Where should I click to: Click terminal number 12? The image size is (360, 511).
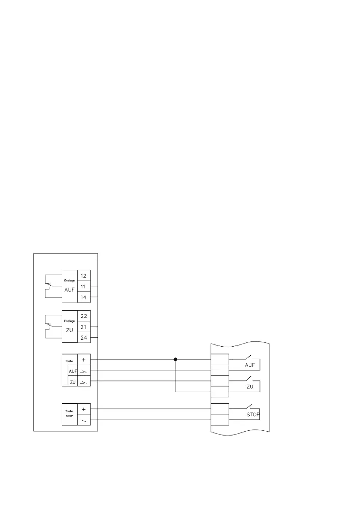pos(84,275)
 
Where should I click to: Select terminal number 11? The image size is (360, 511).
pos(84,286)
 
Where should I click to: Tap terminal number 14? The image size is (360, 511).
pos(84,297)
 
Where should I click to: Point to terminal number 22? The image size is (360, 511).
pos(84,316)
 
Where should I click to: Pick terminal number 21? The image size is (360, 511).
pos(84,327)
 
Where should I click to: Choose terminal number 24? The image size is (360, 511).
pos(84,338)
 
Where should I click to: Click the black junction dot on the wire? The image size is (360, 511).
pos(175,359)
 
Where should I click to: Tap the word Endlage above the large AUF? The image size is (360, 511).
pos(69,281)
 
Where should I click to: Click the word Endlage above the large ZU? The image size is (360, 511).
pos(69,321)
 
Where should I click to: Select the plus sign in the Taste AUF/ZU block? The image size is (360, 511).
pos(84,360)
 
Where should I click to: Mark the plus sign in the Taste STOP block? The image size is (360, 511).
pos(84,409)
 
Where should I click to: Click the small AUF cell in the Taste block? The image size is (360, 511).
pos(73,370)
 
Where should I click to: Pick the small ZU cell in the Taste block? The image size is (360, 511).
pos(73,381)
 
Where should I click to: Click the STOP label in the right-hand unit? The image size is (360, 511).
pos(254,415)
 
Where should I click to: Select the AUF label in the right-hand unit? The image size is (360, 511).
pos(251,365)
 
